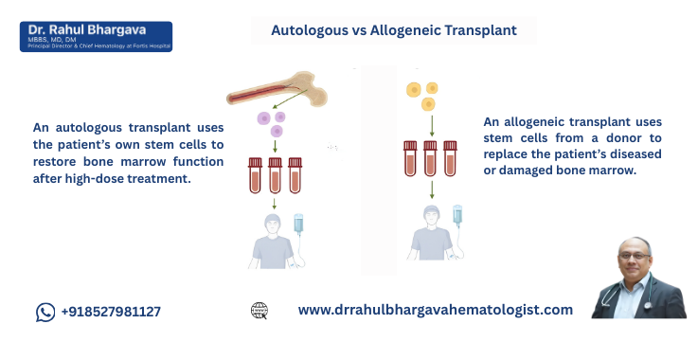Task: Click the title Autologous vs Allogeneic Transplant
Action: coord(394,30)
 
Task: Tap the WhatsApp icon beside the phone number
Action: coord(46,312)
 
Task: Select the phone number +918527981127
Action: coord(111,312)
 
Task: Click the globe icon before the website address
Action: coord(260,311)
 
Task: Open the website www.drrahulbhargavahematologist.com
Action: coord(436,310)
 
